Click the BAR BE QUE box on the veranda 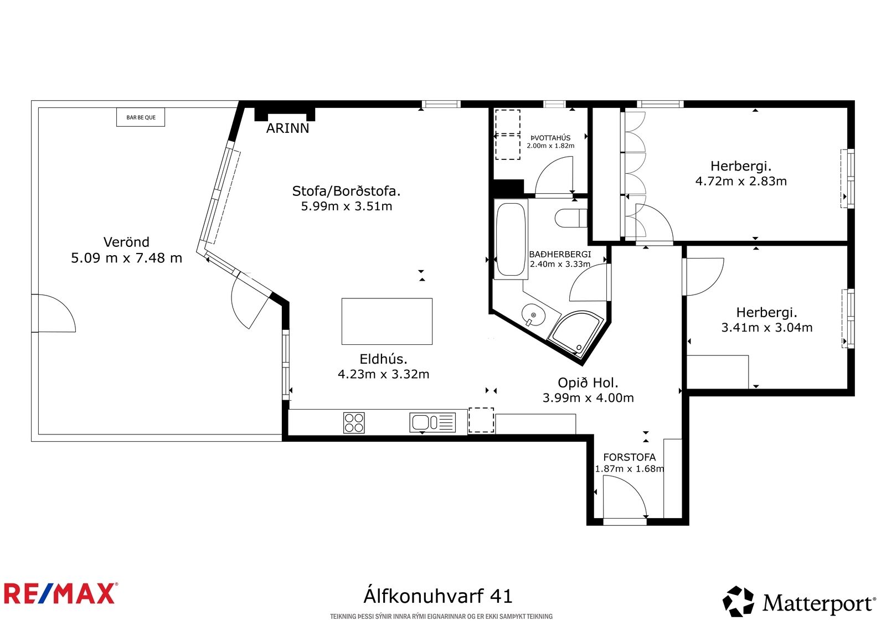coord(141,117)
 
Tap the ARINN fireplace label coord(287,128)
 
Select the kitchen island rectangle coord(387,322)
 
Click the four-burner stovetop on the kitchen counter coord(354,423)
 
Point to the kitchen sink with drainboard coord(432,422)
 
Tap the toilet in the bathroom coord(571,218)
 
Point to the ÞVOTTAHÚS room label coord(550,138)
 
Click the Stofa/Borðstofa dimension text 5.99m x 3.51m coord(347,206)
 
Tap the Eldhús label coord(383,359)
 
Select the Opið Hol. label coord(588,383)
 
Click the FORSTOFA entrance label coord(629,458)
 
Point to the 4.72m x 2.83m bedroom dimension coord(741,181)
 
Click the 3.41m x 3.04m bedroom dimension coord(767,328)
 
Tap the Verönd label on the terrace coord(126,242)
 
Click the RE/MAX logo coord(60,594)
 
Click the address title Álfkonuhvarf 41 coord(438,596)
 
